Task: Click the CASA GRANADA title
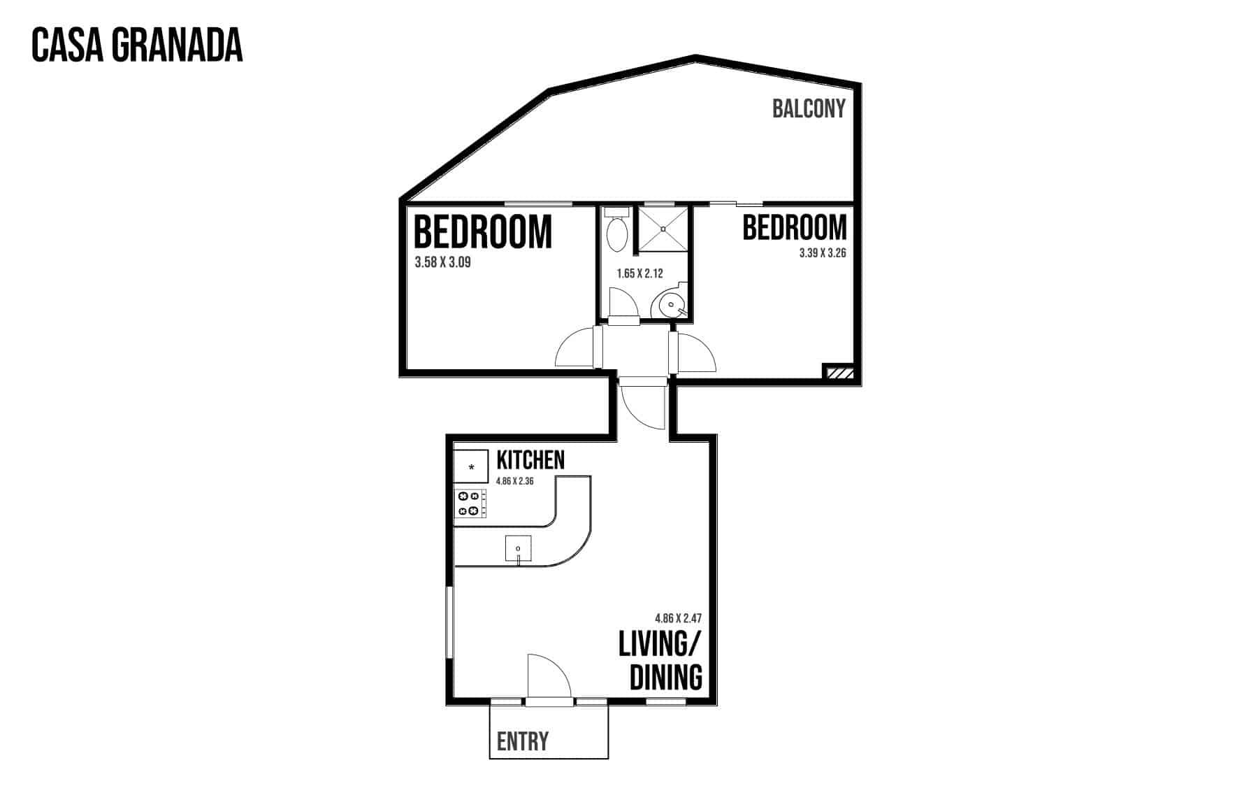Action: [137, 45]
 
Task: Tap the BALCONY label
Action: [809, 108]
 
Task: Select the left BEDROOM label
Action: [483, 232]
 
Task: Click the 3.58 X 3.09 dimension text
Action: [442, 263]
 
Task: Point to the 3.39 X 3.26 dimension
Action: [823, 253]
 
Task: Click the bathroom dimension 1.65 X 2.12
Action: [639, 273]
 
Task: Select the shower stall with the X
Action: [663, 228]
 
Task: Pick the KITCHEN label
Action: [530, 460]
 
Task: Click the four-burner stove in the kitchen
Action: [471, 504]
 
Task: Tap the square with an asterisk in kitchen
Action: [471, 467]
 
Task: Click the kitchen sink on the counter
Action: [518, 548]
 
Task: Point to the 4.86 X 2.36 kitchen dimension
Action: [515, 481]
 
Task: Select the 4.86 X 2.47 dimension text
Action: [678, 618]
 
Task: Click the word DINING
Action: [666, 678]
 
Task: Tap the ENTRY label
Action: [523, 741]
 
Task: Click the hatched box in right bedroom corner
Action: [839, 373]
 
